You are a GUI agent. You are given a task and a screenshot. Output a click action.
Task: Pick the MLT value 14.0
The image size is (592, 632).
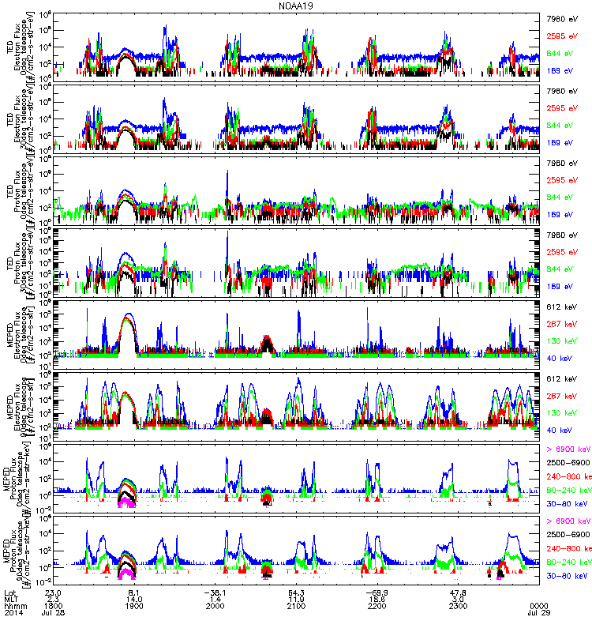tap(133, 597)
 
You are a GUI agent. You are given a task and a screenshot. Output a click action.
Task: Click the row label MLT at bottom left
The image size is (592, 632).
tap(10, 597)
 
